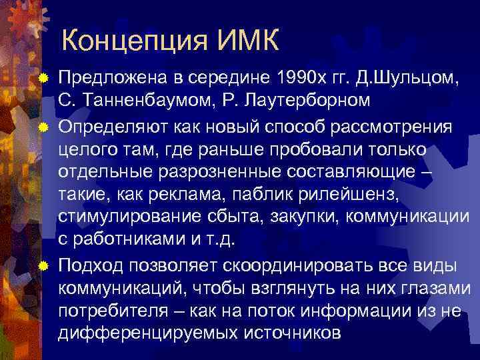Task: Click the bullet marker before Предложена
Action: (x=43, y=80)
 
